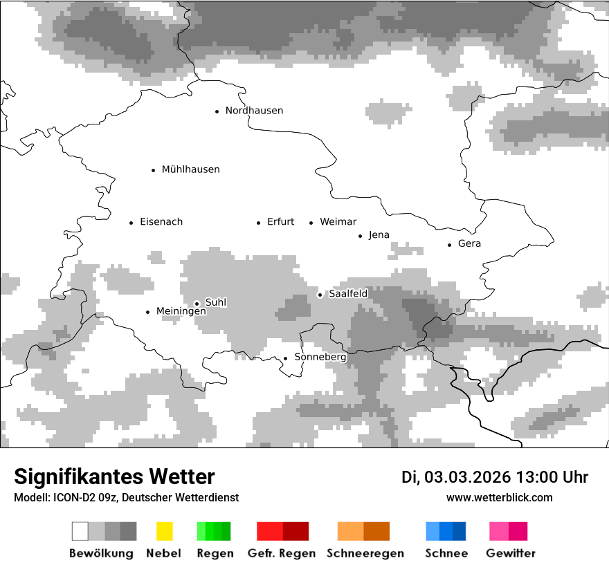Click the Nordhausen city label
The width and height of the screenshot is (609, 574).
coord(254,111)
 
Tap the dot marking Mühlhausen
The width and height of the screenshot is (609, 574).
coord(154,170)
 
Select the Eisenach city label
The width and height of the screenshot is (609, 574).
coord(161,222)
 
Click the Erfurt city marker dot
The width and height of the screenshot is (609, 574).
coord(259,223)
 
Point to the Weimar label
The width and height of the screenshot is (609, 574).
coord(338,222)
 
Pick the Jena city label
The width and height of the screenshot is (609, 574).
coord(379,235)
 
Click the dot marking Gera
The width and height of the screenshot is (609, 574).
coord(450,245)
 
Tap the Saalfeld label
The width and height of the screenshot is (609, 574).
coord(347,294)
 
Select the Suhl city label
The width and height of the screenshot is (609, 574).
coord(215,302)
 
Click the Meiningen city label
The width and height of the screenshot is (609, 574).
coord(181,312)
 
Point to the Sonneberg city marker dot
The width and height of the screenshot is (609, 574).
coord(285,358)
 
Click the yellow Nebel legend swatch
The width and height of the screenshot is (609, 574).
coord(164,531)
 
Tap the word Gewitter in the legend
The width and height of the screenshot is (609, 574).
coord(510,553)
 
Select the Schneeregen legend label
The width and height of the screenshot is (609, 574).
coord(365,553)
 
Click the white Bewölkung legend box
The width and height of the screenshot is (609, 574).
coord(80,531)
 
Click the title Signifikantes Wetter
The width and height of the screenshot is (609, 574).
coord(114,476)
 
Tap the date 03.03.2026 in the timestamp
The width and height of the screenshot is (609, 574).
coord(467,477)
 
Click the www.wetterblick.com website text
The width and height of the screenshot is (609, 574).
coord(499,497)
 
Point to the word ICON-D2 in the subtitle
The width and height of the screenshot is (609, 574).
coord(73,497)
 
